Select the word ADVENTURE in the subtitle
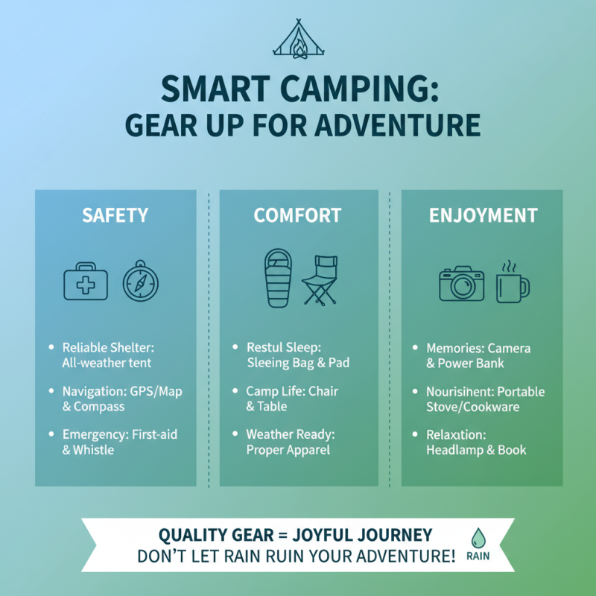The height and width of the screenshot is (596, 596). tap(399, 124)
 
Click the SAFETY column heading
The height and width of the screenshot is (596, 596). tap(115, 216)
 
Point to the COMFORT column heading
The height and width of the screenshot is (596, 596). tap(297, 216)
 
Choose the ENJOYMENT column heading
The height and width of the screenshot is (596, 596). tap(483, 216)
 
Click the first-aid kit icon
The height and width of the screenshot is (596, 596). tap(86, 282)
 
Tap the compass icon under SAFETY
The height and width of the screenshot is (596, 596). tap(141, 282)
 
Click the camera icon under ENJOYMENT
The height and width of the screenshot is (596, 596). tap(461, 283)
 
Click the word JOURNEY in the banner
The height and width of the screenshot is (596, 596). tap(392, 535)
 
